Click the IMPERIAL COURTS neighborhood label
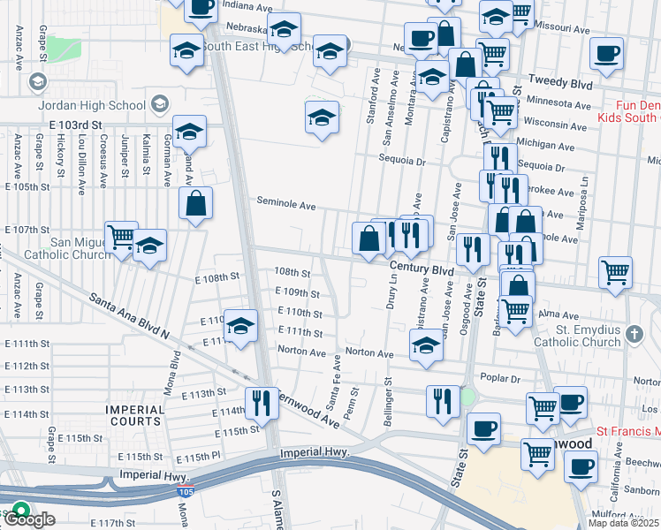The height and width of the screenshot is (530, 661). click(x=135, y=416)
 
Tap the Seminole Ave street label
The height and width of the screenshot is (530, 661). click(x=285, y=204)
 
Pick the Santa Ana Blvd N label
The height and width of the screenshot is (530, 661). click(x=128, y=313)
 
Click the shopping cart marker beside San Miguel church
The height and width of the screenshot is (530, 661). click(x=121, y=236)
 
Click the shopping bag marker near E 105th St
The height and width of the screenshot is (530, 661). click(x=195, y=202)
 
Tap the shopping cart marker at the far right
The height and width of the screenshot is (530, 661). click(x=615, y=271)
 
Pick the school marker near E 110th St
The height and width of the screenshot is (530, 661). click(x=239, y=325)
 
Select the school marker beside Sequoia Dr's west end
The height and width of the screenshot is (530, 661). click(x=323, y=117)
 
